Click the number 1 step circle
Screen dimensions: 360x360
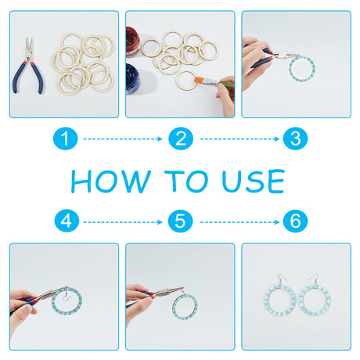66,139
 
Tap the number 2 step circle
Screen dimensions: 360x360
181,139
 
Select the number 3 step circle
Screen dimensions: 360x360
295,139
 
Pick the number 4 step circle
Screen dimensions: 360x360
67,221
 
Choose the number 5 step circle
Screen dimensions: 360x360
180,221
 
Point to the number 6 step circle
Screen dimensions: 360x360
295,221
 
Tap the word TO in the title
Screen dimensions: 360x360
186,182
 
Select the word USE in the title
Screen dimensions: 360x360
253,182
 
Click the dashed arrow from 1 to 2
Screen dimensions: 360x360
123,139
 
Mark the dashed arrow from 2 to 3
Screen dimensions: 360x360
239,139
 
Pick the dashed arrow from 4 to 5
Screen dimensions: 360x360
123,222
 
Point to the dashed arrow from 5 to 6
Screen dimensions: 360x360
239,222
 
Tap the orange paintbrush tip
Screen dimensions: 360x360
199,80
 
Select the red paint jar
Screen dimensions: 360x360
131,41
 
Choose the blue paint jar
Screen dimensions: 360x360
132,78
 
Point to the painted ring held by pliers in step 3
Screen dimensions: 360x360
291,69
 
